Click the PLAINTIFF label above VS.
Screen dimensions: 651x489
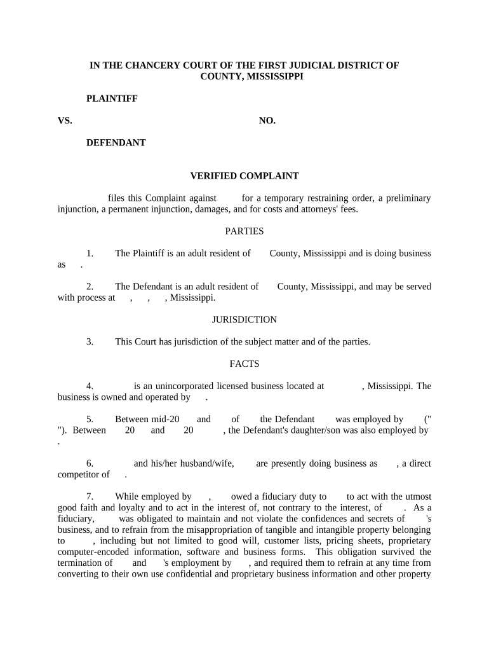(112, 99)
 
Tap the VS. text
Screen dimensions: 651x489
(65, 120)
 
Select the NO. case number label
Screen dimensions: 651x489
(267, 120)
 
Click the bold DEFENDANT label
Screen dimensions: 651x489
(116, 142)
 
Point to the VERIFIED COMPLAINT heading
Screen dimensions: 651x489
(245, 175)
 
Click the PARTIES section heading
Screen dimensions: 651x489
(245, 231)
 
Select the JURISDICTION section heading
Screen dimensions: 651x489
(245, 320)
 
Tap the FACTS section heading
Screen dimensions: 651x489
(245, 364)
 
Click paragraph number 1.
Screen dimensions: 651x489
(90, 253)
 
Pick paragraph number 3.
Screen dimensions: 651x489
(90, 341)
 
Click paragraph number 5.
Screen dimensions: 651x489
(90, 419)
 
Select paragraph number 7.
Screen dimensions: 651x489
(90, 496)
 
